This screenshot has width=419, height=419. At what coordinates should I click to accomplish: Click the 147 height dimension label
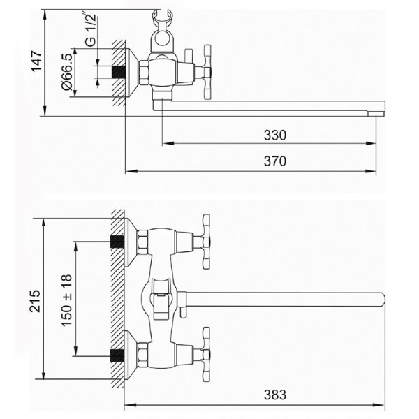point(36,61)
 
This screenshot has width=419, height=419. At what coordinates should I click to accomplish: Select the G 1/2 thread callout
point(91,29)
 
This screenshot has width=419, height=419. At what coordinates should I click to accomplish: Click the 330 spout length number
point(275,135)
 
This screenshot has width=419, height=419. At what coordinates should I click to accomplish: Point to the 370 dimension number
point(275,161)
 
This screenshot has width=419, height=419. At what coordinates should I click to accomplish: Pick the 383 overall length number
point(275,395)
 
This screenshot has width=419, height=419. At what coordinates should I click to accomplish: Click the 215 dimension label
point(35,301)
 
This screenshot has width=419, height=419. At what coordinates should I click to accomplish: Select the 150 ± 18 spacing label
point(67,300)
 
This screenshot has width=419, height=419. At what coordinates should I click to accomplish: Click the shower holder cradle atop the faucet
point(163,31)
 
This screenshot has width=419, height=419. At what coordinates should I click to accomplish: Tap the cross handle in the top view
point(207,72)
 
